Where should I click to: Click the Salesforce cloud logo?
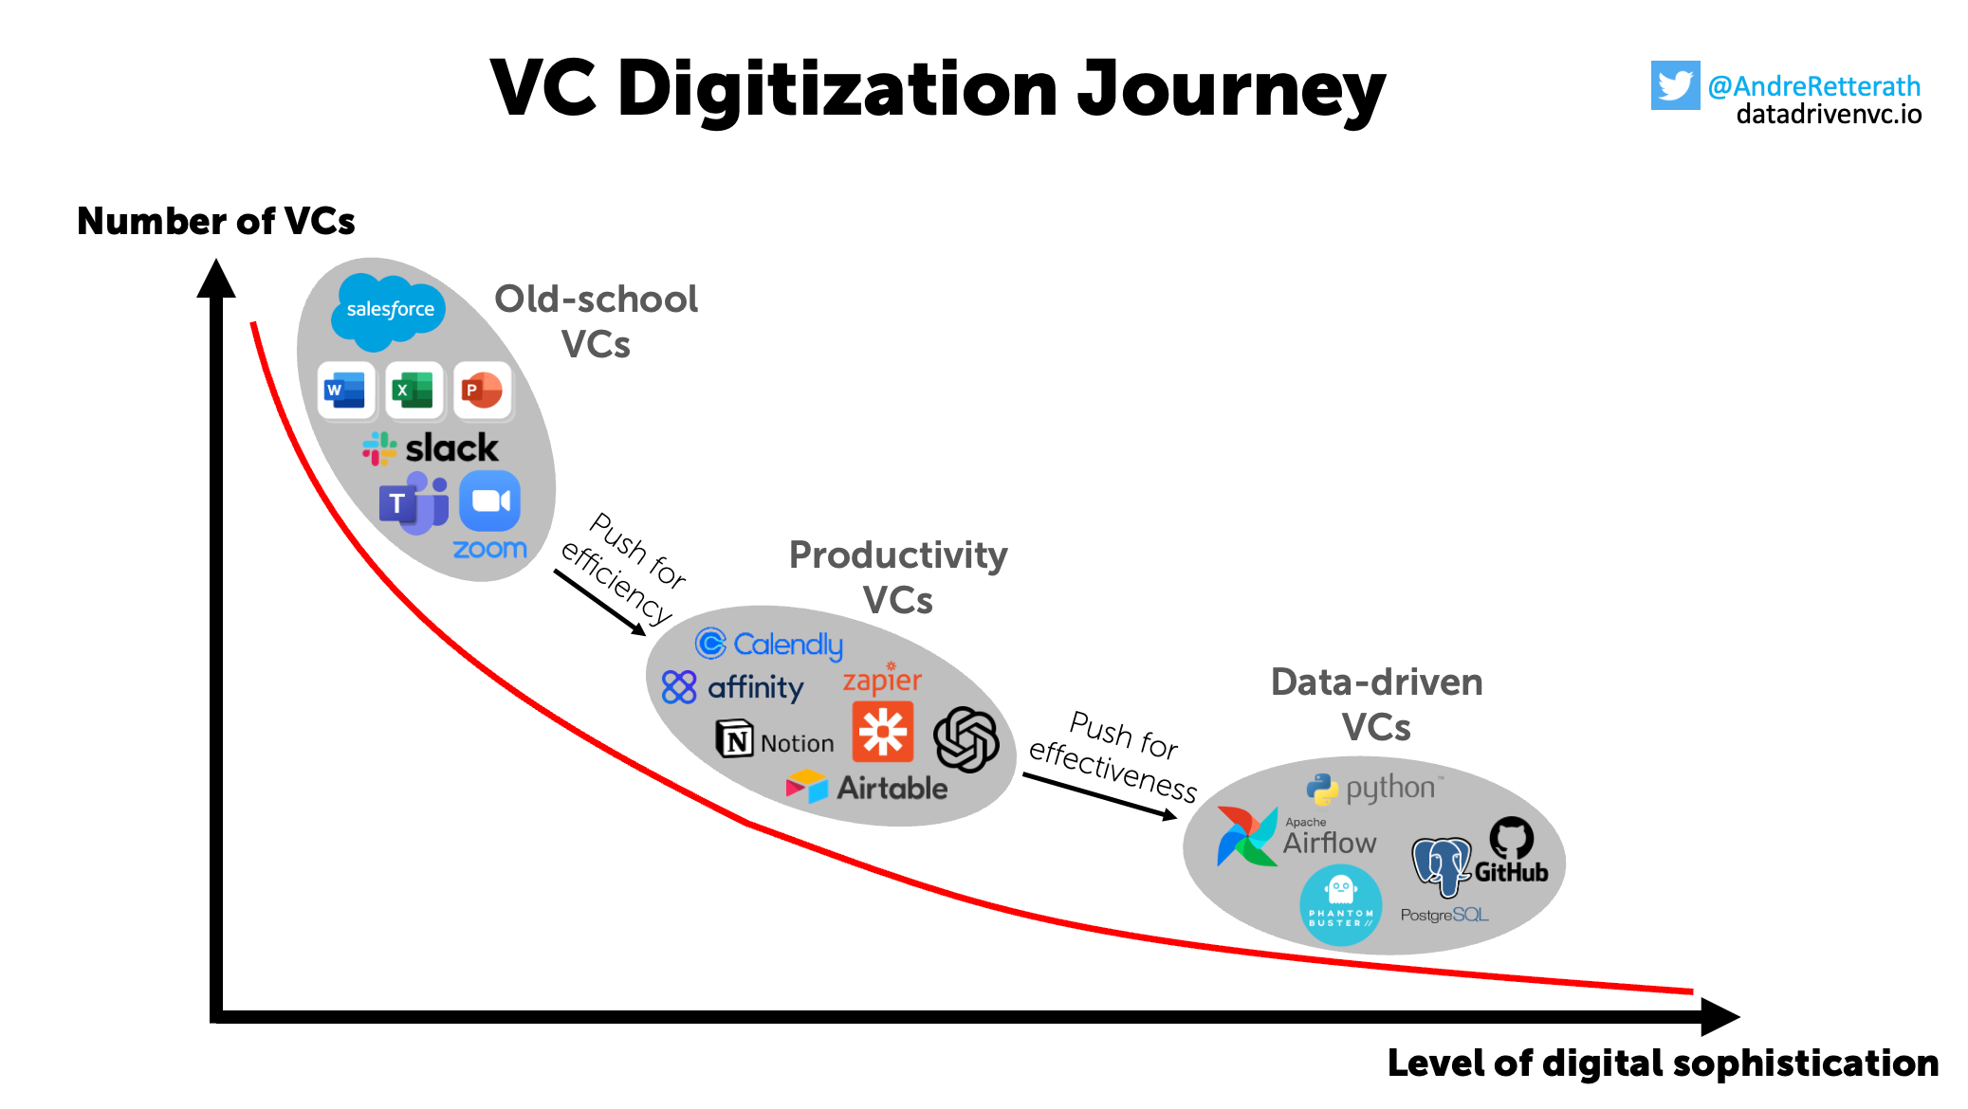tap(389, 309)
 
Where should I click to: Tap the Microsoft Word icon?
tap(345, 390)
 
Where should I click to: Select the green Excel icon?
tap(414, 390)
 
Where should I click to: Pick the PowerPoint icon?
tap(482, 390)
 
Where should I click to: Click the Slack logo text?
tap(451, 448)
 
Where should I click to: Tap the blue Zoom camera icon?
tap(489, 501)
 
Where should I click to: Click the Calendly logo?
tap(769, 645)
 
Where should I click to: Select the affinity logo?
tap(733, 687)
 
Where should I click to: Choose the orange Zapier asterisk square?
tap(882, 732)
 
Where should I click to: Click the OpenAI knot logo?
tap(966, 739)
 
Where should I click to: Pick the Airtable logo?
tap(867, 788)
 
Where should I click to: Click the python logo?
tap(1374, 788)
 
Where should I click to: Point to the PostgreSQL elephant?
tap(1440, 864)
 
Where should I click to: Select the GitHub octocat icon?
tap(1511, 838)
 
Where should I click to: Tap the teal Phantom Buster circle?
tap(1340, 904)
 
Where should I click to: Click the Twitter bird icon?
tap(1675, 85)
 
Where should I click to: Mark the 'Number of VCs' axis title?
tap(216, 221)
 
